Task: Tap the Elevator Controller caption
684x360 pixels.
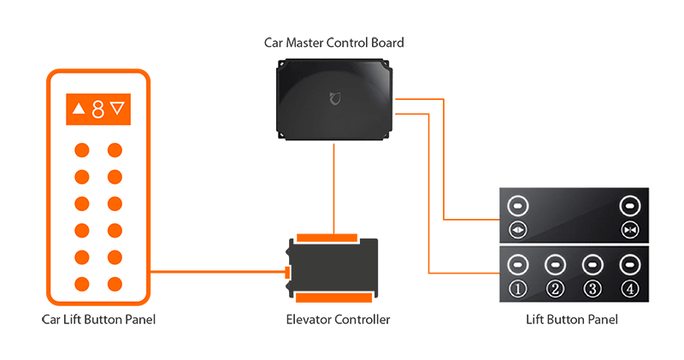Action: click(x=338, y=321)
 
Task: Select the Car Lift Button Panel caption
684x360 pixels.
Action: click(x=99, y=321)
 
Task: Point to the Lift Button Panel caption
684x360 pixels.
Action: click(x=572, y=320)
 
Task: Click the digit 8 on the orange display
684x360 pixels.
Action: click(x=98, y=109)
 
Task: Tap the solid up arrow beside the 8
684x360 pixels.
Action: click(x=80, y=109)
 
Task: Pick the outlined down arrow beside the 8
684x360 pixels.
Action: click(x=118, y=109)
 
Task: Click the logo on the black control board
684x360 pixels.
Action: click(x=335, y=99)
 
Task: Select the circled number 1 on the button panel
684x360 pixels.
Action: click(x=517, y=288)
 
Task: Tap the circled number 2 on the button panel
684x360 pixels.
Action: click(x=555, y=288)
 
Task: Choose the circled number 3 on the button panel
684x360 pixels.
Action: click(x=592, y=288)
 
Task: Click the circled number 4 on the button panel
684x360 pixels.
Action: click(x=629, y=288)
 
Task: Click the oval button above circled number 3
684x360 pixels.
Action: click(x=592, y=263)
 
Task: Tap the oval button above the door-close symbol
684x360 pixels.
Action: click(x=629, y=206)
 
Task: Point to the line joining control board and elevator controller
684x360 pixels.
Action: click(x=333, y=188)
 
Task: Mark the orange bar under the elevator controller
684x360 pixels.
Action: click(x=333, y=297)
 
